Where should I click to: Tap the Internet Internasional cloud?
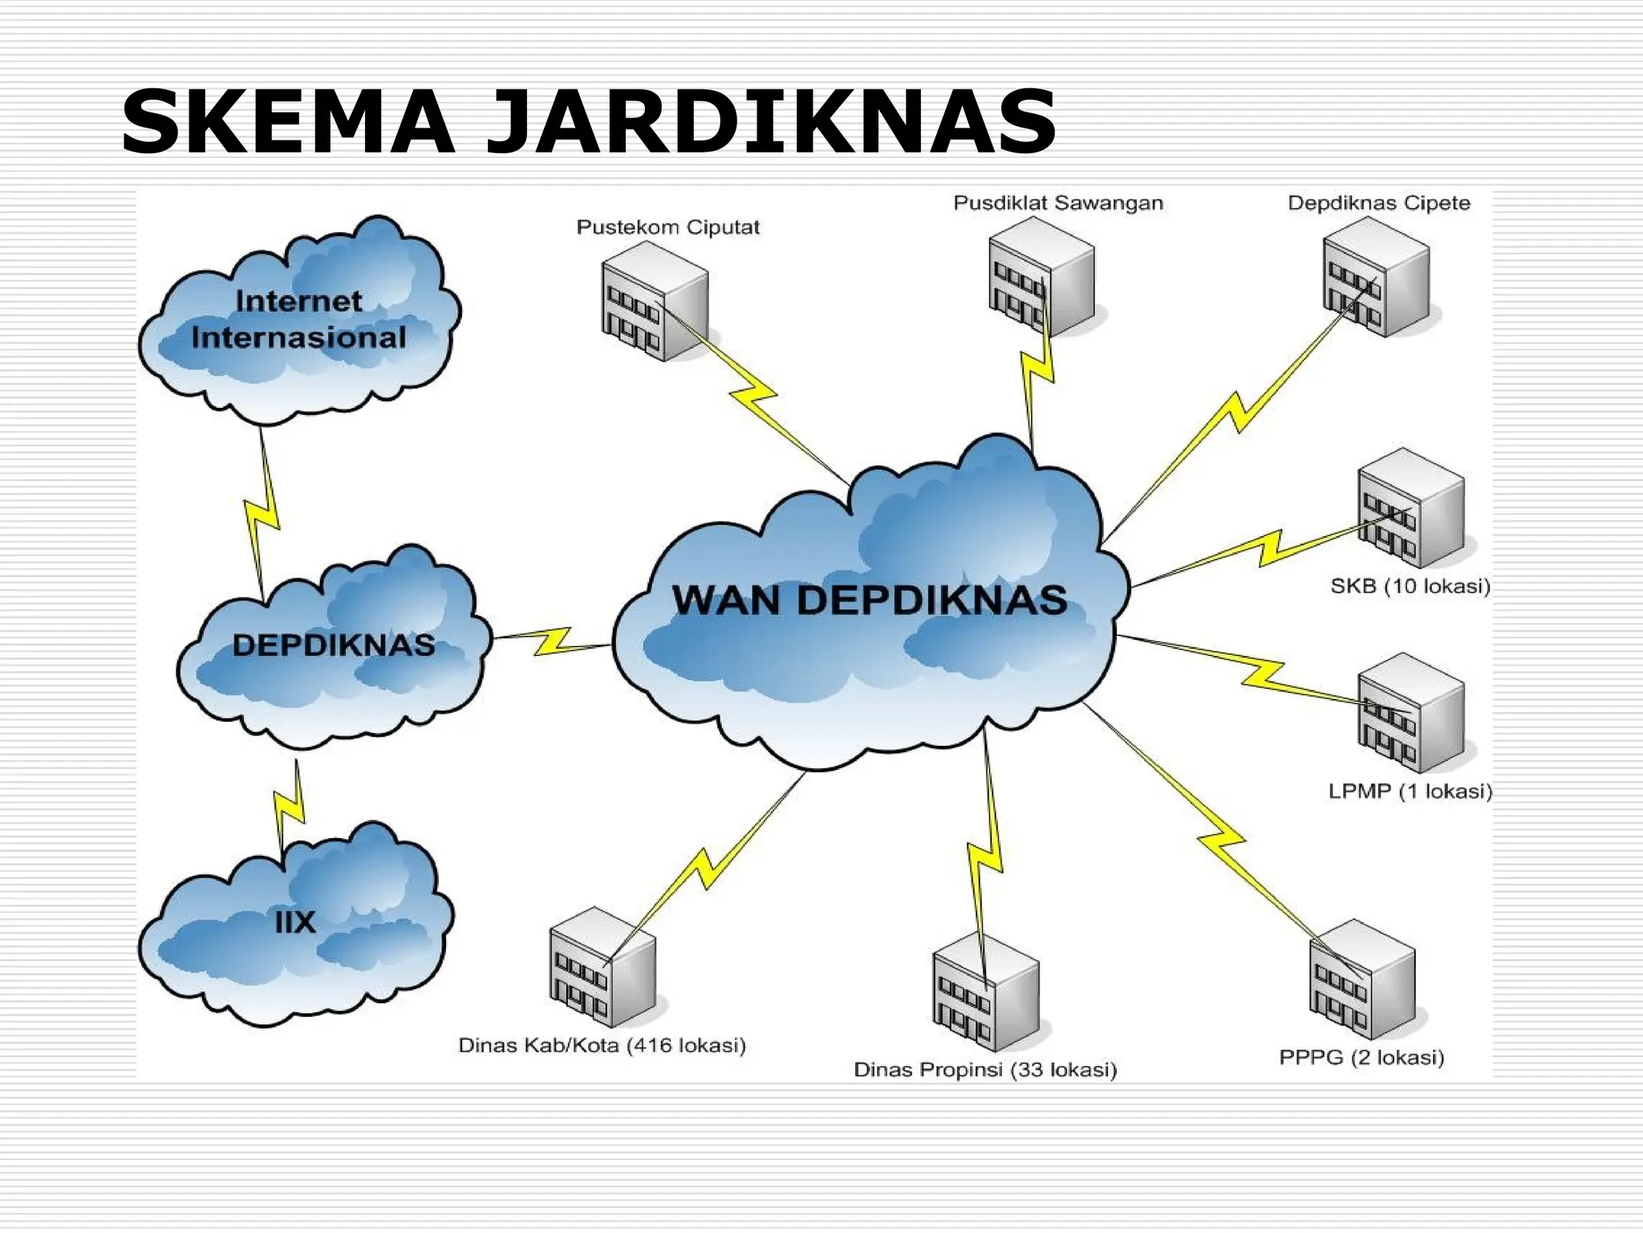[x=298, y=319]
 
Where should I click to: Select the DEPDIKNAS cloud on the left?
[x=333, y=646]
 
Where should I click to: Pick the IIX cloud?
[x=295, y=923]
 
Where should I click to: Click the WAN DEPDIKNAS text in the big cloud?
[x=870, y=600]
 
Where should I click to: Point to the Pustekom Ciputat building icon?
[x=655, y=302]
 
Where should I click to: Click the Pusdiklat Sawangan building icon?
[x=1041, y=277]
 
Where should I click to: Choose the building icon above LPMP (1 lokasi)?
[x=1410, y=713]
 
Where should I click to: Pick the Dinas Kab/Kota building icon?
[x=602, y=966]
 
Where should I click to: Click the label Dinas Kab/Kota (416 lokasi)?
[x=602, y=1045]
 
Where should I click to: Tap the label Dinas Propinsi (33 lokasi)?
[x=985, y=1069]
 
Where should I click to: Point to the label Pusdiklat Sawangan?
[x=1057, y=203]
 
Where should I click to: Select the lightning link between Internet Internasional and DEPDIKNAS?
[x=262, y=514]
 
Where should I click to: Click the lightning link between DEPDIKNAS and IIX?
[x=290, y=807]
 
